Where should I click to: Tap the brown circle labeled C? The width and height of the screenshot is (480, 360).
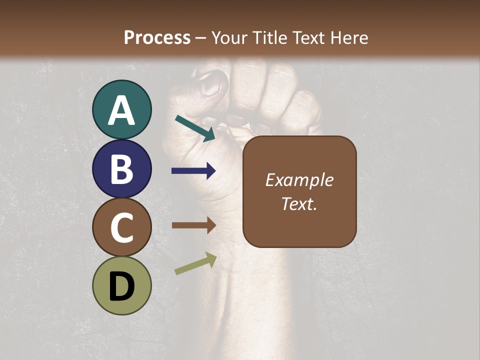tap(122, 227)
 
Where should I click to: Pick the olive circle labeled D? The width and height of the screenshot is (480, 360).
tap(122, 285)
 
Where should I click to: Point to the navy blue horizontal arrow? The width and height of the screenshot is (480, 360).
tap(193, 171)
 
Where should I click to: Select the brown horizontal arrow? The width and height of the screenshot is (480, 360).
tap(193, 225)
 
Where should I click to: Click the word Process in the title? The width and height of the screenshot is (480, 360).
tap(157, 37)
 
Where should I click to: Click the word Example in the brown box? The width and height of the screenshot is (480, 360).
tap(299, 180)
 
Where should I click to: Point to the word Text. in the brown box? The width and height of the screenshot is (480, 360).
tap(299, 203)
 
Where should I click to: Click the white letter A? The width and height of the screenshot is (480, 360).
tap(122, 110)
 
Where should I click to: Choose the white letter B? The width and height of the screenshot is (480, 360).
tap(122, 169)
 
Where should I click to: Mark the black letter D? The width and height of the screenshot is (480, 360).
tap(122, 286)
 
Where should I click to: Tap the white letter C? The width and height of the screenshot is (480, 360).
tap(122, 227)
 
